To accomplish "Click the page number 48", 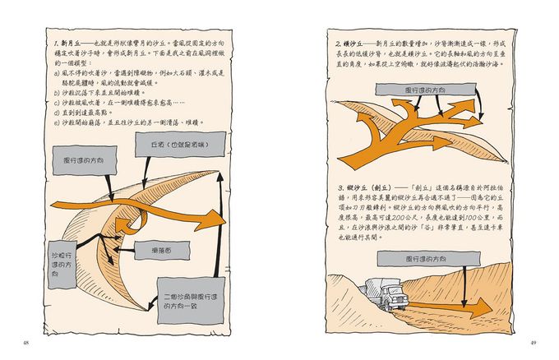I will coord(26,341).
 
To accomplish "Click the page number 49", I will coord(533,341).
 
